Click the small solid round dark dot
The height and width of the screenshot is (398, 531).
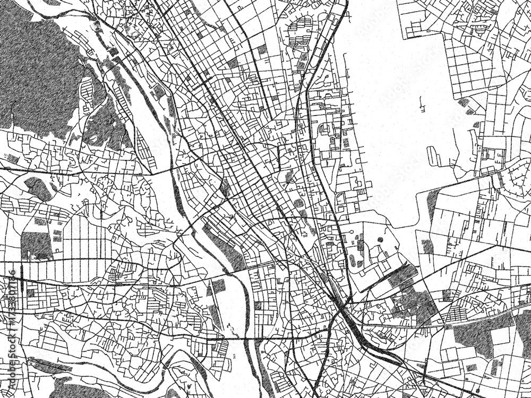tap(380, 240)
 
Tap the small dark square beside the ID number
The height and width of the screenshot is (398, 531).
tap(31, 292)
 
